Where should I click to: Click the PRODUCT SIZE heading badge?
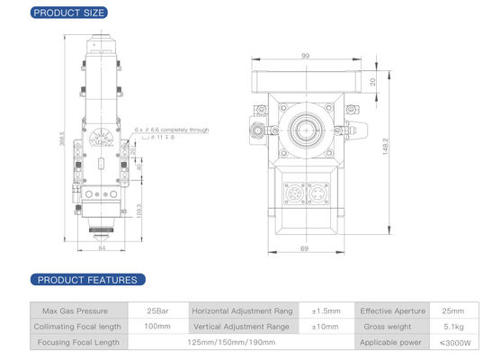coord(68,13)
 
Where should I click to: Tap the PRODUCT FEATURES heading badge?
coord(84,280)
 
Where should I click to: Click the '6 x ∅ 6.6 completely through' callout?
coord(171,130)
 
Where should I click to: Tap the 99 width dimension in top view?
coord(305,56)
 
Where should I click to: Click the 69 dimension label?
coord(305,247)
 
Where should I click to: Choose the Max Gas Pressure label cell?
coord(76,310)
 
